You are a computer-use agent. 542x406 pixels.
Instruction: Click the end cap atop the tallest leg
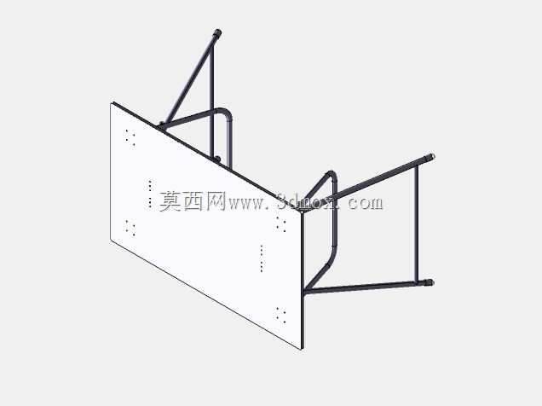click(x=217, y=33)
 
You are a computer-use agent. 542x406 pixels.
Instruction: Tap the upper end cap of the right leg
click(x=430, y=157)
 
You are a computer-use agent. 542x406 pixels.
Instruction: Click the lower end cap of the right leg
click(x=429, y=282)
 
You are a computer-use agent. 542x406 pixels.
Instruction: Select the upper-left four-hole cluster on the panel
click(x=130, y=137)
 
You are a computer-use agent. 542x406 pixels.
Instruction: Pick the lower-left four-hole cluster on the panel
click(x=130, y=228)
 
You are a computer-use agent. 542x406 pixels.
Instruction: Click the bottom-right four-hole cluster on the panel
click(x=281, y=315)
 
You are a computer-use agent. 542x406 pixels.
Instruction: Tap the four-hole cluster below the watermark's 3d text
click(x=281, y=224)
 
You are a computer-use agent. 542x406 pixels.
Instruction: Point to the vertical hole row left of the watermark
click(x=150, y=194)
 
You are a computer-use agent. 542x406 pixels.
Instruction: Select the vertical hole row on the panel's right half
click(x=262, y=258)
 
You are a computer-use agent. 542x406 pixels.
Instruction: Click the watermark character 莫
click(x=170, y=201)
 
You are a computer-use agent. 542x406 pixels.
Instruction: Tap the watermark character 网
click(x=216, y=201)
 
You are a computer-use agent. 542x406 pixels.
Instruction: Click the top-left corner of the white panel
click(x=111, y=103)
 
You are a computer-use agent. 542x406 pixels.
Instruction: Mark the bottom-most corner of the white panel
click(x=302, y=350)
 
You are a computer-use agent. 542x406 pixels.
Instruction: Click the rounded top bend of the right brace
click(x=332, y=174)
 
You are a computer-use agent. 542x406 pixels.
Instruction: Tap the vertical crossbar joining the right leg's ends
click(x=416, y=223)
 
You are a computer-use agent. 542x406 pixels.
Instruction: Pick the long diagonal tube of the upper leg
click(x=190, y=79)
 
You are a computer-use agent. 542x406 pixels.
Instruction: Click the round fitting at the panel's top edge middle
click(x=217, y=159)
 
